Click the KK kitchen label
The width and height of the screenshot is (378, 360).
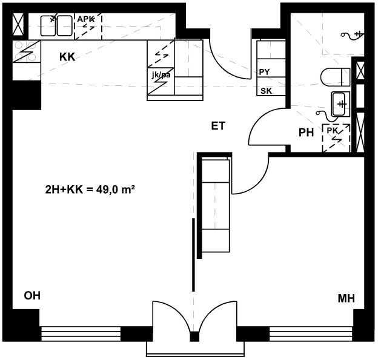pos(67,57)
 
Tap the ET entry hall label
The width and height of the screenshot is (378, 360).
pos(219,126)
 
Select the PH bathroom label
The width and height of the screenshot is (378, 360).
pos(306,133)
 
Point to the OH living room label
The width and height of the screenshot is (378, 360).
pos(32,295)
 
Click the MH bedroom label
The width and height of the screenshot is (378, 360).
pos(346,299)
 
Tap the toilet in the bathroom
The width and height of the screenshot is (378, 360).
pos(336,77)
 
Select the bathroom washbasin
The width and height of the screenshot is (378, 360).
pos(340,104)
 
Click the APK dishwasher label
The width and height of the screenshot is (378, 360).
pos(86,19)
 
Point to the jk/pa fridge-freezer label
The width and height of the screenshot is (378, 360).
pos(161,75)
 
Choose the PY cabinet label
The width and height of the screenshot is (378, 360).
pos(264,72)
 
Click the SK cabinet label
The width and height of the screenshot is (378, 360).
pos(266,91)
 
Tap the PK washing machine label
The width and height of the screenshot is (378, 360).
pos(333,131)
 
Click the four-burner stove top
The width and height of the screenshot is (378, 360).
pos(27,51)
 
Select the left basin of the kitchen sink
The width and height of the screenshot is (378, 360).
pos(48,26)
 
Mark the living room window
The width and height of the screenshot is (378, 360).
pos(81,333)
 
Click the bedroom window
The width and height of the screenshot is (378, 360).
pos(311,333)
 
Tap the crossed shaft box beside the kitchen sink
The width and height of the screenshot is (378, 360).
pos(18,24)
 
